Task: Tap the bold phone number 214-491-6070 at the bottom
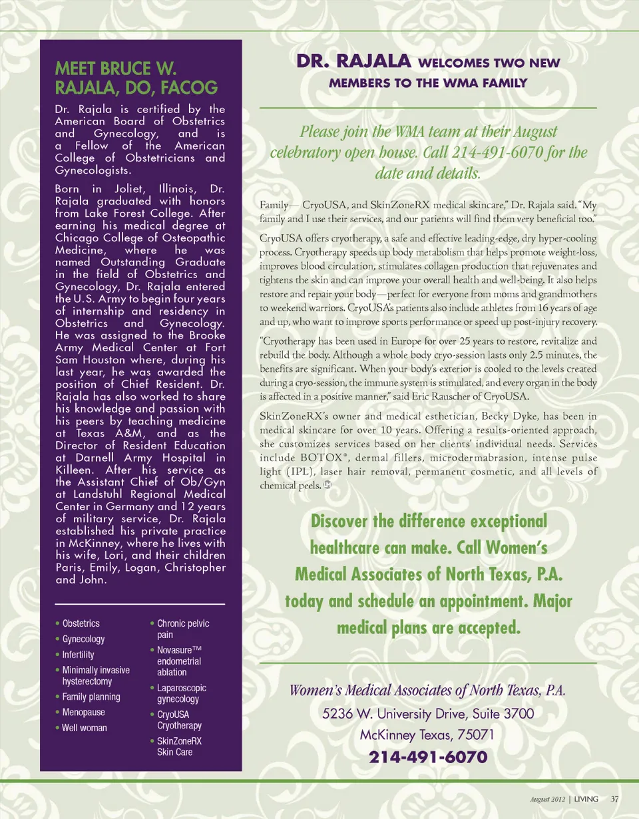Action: point(428,757)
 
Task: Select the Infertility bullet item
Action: point(78,655)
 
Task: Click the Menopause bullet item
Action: point(83,712)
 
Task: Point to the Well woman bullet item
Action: point(84,728)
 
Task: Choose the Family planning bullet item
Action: point(91,697)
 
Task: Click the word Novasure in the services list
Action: point(174,649)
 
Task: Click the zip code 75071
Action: point(473,736)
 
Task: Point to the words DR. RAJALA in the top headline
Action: point(352,63)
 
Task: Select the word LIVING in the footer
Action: point(586,798)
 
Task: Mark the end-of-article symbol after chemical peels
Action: point(327,485)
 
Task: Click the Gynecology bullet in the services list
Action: point(83,639)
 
